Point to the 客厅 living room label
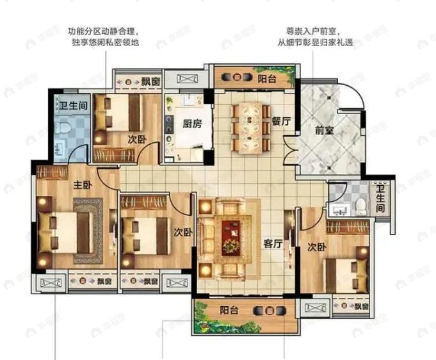(273, 243)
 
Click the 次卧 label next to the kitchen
(134, 139)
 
